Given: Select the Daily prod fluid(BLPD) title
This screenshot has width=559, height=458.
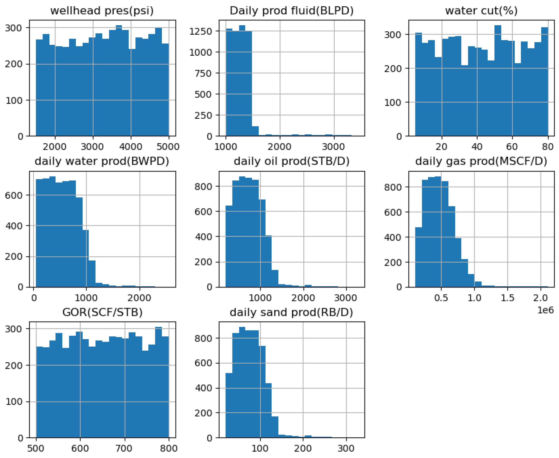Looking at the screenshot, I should click(x=291, y=11).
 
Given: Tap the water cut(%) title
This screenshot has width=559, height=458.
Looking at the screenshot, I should click(x=481, y=11).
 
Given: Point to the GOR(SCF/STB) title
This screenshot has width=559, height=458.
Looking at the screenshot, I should click(x=102, y=312).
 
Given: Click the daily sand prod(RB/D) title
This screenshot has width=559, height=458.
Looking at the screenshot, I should click(x=291, y=312).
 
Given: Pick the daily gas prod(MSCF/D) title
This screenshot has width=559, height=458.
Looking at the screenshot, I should click(x=481, y=161).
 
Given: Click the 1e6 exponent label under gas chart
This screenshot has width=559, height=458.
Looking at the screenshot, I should click(x=545, y=310).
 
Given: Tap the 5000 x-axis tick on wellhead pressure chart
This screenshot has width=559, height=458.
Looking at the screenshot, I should click(x=168, y=147).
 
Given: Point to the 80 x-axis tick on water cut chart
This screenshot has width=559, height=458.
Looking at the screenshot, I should click(x=548, y=147).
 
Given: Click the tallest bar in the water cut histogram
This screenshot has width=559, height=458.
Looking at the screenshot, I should click(x=497, y=79).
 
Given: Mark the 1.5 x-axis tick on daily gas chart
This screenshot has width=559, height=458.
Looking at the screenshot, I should click(x=507, y=298).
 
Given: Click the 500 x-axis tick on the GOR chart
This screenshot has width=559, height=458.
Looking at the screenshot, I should click(x=36, y=448).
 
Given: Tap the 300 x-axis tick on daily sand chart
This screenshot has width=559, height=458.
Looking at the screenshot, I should click(x=346, y=448).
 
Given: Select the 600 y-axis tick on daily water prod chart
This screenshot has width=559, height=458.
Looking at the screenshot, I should click(x=17, y=195).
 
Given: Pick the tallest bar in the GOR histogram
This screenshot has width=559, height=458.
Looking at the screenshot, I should click(x=158, y=383).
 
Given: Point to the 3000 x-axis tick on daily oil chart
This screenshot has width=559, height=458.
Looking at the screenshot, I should click(x=346, y=298).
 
